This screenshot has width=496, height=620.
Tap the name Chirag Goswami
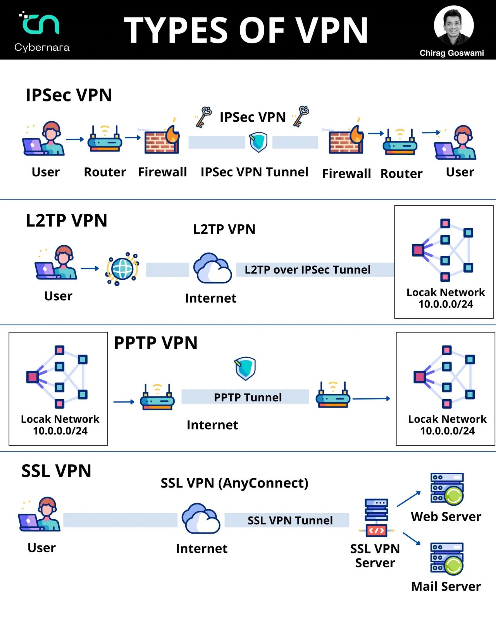[x=451, y=53]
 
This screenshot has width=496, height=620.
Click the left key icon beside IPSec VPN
[x=203, y=117]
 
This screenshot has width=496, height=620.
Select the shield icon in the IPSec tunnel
[x=258, y=142]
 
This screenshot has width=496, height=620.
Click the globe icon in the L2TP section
[x=122, y=269]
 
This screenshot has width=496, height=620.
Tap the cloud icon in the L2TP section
[x=212, y=268]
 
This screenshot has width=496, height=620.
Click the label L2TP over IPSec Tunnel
[x=308, y=270]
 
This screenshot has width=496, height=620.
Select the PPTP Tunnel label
[x=248, y=397]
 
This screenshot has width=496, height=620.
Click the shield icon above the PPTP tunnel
[x=245, y=369]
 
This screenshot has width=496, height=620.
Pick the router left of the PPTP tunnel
[x=157, y=397]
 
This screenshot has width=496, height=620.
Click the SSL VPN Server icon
[x=376, y=517]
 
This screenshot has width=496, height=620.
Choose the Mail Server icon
[x=447, y=559]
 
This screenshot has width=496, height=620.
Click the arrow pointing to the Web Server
[x=409, y=499]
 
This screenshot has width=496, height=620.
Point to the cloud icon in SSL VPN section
[x=201, y=518]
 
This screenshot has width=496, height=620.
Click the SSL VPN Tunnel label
[x=290, y=520]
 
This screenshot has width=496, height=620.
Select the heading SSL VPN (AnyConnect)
[x=234, y=483]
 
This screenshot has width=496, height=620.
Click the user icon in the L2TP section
[x=56, y=262]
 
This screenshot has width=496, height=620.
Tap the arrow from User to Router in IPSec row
[x=75, y=139]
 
